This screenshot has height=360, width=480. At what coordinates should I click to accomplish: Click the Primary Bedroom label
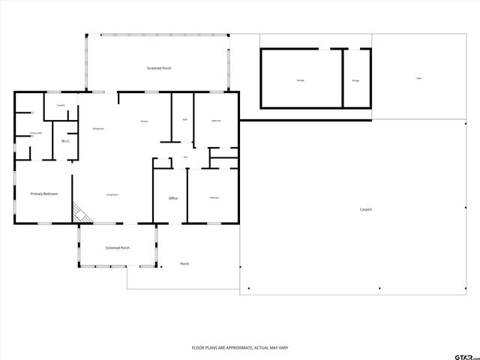coord(44,194)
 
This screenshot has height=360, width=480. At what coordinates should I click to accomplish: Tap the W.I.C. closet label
coord(66,140)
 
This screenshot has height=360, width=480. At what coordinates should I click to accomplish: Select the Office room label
coord(172,198)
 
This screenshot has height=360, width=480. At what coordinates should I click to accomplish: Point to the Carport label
coord(366,210)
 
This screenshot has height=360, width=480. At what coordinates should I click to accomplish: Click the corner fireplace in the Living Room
coord(80,214)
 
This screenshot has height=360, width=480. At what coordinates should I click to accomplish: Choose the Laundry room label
coord(61,105)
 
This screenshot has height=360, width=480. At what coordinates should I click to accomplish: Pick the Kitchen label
coord(144,121)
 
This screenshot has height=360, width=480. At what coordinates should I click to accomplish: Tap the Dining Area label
coord(97,129)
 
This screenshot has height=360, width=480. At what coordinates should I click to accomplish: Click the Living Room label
coord(112,195)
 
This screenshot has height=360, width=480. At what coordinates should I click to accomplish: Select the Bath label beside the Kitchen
coord(184,120)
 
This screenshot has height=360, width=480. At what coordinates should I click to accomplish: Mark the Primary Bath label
coord(35,133)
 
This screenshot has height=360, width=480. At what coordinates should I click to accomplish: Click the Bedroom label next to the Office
coord(214,198)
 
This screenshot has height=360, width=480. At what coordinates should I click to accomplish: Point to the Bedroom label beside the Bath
coord(216,121)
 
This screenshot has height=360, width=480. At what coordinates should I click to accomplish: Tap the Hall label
coord(185,157)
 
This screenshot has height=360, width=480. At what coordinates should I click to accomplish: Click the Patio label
coord(418,79)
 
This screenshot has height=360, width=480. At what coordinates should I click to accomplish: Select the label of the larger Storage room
coord(300,79)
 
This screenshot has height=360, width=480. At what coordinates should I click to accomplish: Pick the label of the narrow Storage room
coord(355,80)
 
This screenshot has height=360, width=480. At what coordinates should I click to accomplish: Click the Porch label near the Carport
coord(184,264)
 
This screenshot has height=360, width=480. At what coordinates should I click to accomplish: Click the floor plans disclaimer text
coord(240,348)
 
